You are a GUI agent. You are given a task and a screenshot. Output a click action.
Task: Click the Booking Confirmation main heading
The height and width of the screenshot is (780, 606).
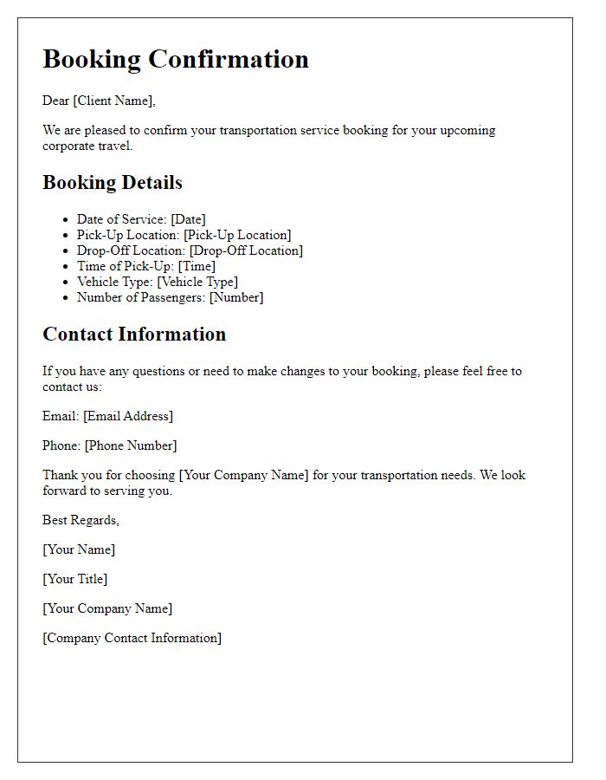click(x=176, y=59)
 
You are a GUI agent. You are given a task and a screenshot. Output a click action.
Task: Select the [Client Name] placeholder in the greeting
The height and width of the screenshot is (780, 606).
click(x=113, y=101)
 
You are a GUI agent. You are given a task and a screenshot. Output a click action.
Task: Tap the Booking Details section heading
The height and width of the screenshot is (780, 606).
click(x=113, y=183)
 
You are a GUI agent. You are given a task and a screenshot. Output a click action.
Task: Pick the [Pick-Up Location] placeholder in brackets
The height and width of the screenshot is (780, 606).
click(x=237, y=235)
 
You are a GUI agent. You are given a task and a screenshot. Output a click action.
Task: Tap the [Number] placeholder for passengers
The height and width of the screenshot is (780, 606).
click(x=236, y=297)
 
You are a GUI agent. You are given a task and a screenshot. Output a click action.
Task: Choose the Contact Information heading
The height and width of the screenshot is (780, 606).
click(x=134, y=335)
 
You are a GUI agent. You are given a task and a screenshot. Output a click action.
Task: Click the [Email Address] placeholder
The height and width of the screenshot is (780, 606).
click(x=128, y=416)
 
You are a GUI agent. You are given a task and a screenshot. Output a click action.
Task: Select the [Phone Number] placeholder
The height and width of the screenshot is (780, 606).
click(x=131, y=445)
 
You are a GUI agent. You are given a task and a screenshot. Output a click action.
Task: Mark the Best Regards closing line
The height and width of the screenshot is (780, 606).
click(x=81, y=520)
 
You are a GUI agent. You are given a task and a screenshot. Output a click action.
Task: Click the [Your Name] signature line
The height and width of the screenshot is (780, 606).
click(x=79, y=549)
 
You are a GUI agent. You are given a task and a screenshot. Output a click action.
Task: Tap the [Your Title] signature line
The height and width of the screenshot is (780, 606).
click(x=75, y=579)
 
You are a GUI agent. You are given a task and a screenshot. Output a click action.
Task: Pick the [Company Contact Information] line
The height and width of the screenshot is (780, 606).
click(x=132, y=638)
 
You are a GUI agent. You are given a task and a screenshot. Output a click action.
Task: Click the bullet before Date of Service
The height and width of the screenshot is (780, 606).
click(x=66, y=220)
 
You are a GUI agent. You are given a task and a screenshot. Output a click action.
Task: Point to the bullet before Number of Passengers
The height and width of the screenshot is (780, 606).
click(x=66, y=298)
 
